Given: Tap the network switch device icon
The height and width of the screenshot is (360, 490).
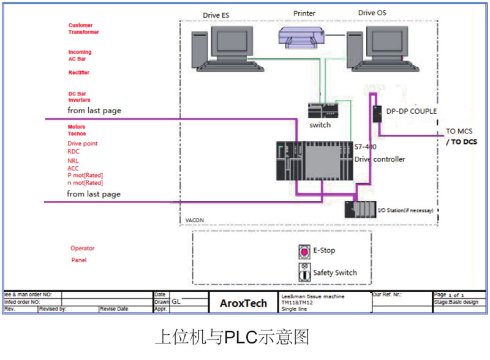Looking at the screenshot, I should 322,110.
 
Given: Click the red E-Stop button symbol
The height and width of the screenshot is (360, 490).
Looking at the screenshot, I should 304,251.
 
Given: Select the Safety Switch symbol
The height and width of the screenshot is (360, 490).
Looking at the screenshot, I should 304,272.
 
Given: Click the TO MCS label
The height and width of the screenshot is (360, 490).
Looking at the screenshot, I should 459,131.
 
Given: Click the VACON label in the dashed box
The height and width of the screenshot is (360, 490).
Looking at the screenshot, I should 194,220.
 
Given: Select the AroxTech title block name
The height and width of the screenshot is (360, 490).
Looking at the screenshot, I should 243,302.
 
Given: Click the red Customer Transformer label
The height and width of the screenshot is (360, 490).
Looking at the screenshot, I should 83,29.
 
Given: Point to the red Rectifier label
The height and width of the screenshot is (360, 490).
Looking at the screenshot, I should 79,72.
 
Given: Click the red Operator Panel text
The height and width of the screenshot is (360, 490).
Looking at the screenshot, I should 82,254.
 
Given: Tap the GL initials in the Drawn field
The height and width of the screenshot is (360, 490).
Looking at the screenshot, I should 176,301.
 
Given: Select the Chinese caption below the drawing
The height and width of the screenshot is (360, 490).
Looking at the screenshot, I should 232,337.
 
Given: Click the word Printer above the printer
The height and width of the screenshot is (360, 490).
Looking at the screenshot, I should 304,13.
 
